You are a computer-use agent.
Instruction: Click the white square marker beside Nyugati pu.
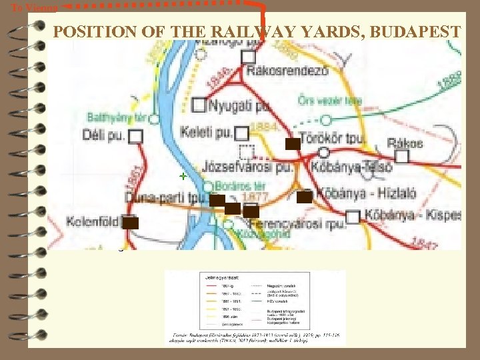199,105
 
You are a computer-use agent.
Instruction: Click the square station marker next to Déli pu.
136,137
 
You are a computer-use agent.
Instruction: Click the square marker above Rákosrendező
248,57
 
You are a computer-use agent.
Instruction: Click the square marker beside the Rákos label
401,156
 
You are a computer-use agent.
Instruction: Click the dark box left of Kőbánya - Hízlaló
304,197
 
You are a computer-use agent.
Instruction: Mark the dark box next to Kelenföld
131,223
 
